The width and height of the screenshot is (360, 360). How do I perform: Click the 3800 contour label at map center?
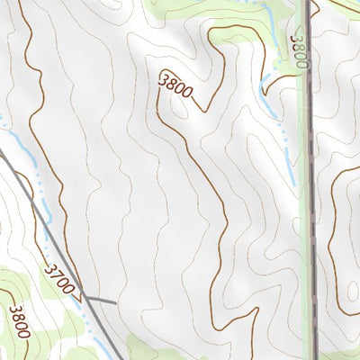[175, 91]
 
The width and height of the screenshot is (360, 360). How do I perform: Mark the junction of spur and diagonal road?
[86, 298]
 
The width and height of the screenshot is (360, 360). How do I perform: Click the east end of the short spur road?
[117, 302]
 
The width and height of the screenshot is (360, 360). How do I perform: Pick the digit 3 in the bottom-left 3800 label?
[14, 310]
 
